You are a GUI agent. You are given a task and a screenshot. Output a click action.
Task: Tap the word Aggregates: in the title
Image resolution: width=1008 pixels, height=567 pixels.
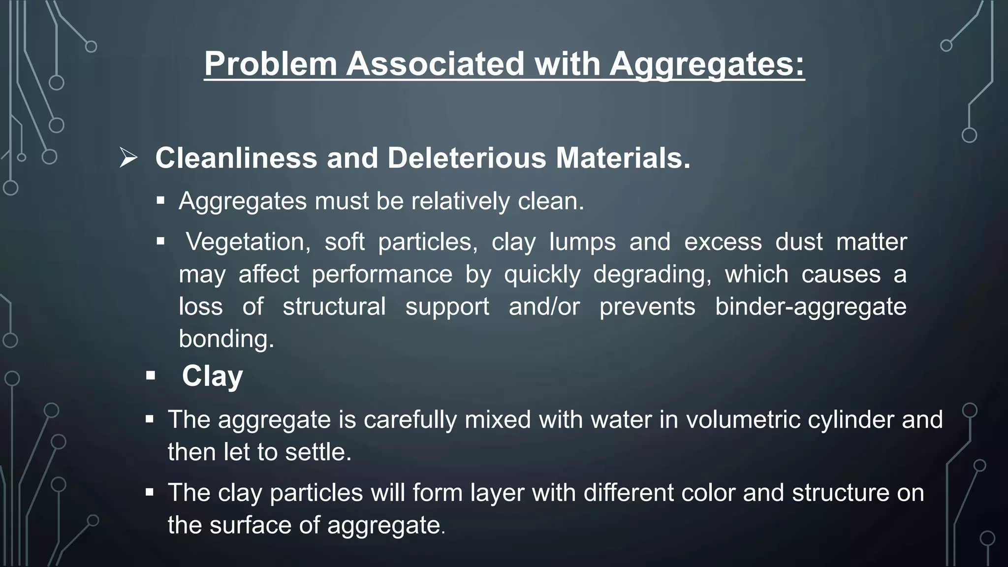[707, 64]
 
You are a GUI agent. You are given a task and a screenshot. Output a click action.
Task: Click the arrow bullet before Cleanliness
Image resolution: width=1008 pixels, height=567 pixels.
[128, 158]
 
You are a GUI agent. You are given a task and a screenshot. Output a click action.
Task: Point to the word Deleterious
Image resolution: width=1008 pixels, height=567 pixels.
[467, 158]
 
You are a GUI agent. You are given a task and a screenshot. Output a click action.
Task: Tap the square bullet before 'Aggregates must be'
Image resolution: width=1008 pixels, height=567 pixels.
[160, 201]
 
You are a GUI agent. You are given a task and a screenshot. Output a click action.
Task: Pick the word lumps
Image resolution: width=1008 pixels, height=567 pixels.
[582, 242]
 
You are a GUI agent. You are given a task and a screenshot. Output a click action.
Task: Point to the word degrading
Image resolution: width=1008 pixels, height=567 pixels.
[652, 274]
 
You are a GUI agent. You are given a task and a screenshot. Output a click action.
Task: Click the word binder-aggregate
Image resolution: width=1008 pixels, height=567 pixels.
[811, 307]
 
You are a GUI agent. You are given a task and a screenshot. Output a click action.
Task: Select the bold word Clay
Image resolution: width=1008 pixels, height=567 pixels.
[212, 376]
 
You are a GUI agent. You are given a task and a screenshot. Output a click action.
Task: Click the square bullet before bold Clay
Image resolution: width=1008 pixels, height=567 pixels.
[151, 376]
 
